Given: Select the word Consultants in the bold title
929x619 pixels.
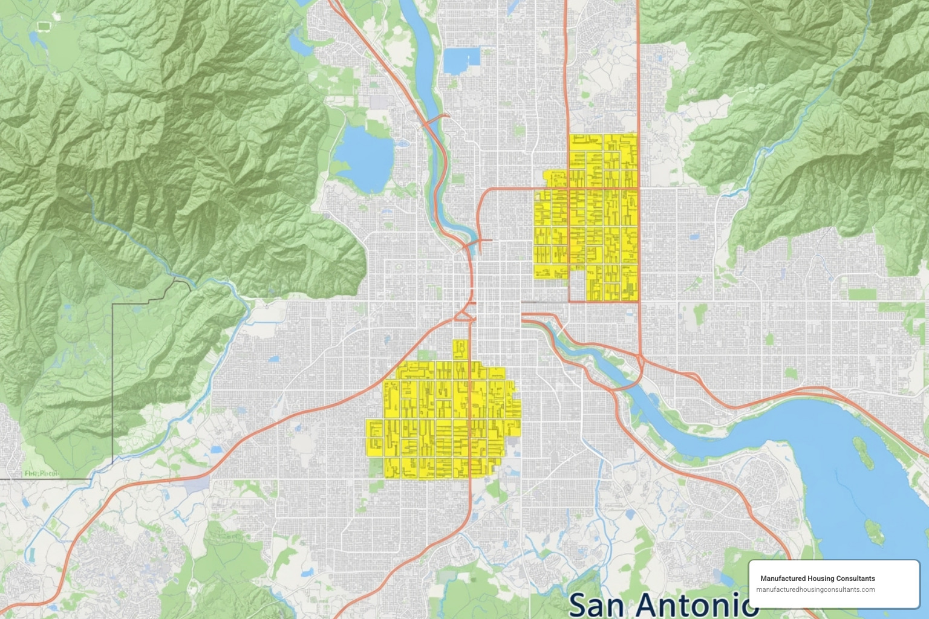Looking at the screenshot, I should pyautogui.click(x=855, y=578).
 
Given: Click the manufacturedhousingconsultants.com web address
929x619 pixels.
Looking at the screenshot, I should pyautogui.click(x=815, y=589).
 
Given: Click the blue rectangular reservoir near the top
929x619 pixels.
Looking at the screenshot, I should pyautogui.click(x=461, y=60).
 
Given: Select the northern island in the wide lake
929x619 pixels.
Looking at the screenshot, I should pyautogui.click(x=863, y=453).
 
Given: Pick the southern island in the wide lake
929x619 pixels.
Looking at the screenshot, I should pyautogui.click(x=874, y=531).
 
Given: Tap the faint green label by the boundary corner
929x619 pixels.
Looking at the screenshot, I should pyautogui.click(x=42, y=473).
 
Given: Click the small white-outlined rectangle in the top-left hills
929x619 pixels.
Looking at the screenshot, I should pyautogui.click(x=44, y=26).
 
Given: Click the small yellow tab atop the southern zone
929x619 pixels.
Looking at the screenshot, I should pyautogui.click(x=460, y=349).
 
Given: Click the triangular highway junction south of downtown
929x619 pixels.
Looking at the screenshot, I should pyautogui.click(x=464, y=314).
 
